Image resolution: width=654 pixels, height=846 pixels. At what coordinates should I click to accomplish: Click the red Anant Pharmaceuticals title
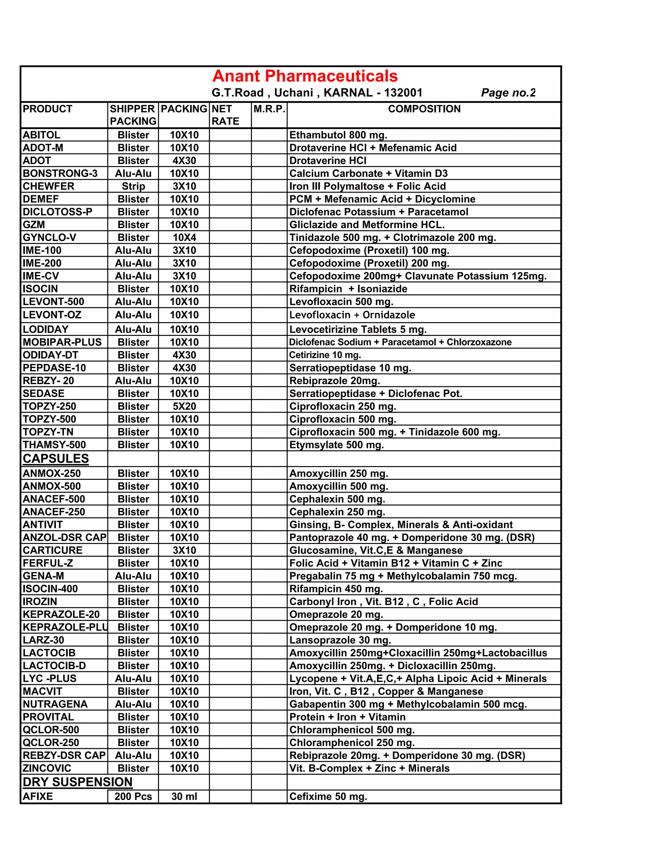pos(305,76)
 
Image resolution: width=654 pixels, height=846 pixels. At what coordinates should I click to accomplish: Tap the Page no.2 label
pos(508,93)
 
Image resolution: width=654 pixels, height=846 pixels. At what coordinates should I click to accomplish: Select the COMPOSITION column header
pos(424,109)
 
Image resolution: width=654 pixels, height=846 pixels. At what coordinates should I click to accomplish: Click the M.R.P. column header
pos(269,109)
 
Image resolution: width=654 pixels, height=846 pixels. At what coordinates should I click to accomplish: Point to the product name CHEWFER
pos(49,186)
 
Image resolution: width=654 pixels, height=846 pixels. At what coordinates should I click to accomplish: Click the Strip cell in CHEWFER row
pos(133,186)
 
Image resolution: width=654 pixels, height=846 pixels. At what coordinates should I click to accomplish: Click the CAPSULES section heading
pos(56,459)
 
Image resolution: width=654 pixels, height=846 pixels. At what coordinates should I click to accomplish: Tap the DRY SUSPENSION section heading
pos(78,782)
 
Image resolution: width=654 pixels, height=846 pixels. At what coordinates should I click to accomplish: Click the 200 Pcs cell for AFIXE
pos(133,797)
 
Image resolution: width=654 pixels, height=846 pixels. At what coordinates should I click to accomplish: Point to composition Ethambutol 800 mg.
pos(338,135)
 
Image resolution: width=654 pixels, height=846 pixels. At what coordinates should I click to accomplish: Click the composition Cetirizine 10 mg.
pos(325,355)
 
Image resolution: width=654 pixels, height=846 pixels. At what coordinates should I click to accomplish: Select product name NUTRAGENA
pos(55,704)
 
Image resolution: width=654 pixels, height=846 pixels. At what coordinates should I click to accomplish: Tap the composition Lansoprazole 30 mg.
pos(340,640)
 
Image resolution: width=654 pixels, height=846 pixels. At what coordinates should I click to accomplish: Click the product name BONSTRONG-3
pos(60,174)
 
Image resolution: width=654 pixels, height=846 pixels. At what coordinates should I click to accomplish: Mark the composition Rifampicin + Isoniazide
pos(348,289)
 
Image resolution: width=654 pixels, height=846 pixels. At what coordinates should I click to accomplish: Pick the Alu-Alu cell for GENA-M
pos(133,576)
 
